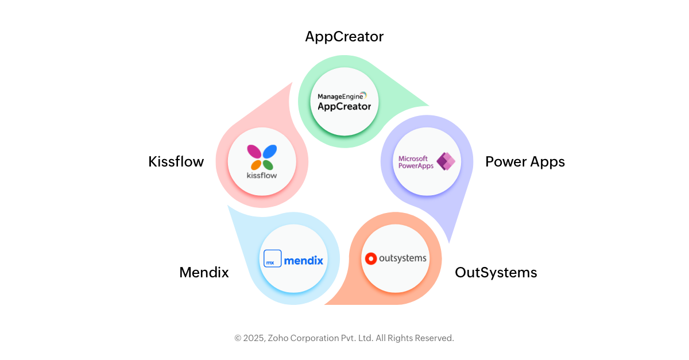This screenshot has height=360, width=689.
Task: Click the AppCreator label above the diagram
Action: (344, 37)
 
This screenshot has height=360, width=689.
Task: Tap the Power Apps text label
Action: (525, 162)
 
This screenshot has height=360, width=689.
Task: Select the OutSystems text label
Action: (496, 272)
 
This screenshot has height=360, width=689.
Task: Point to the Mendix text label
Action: (204, 272)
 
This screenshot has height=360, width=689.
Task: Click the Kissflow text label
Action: (176, 162)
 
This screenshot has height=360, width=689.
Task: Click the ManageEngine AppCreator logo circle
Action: (344, 102)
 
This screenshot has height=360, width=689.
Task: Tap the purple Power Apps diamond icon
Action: (446, 161)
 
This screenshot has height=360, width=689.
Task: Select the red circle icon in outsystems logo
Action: (370, 258)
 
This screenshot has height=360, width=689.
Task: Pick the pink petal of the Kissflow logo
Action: (254, 152)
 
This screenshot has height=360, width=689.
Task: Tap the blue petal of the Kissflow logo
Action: (270, 152)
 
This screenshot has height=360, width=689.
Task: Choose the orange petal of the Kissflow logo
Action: (256, 165)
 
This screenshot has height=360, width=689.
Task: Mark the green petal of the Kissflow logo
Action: (268, 165)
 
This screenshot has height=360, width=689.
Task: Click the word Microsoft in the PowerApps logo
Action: (413, 158)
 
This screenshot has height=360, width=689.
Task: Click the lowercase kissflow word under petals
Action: (262, 175)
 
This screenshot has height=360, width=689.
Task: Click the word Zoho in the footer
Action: (279, 338)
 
